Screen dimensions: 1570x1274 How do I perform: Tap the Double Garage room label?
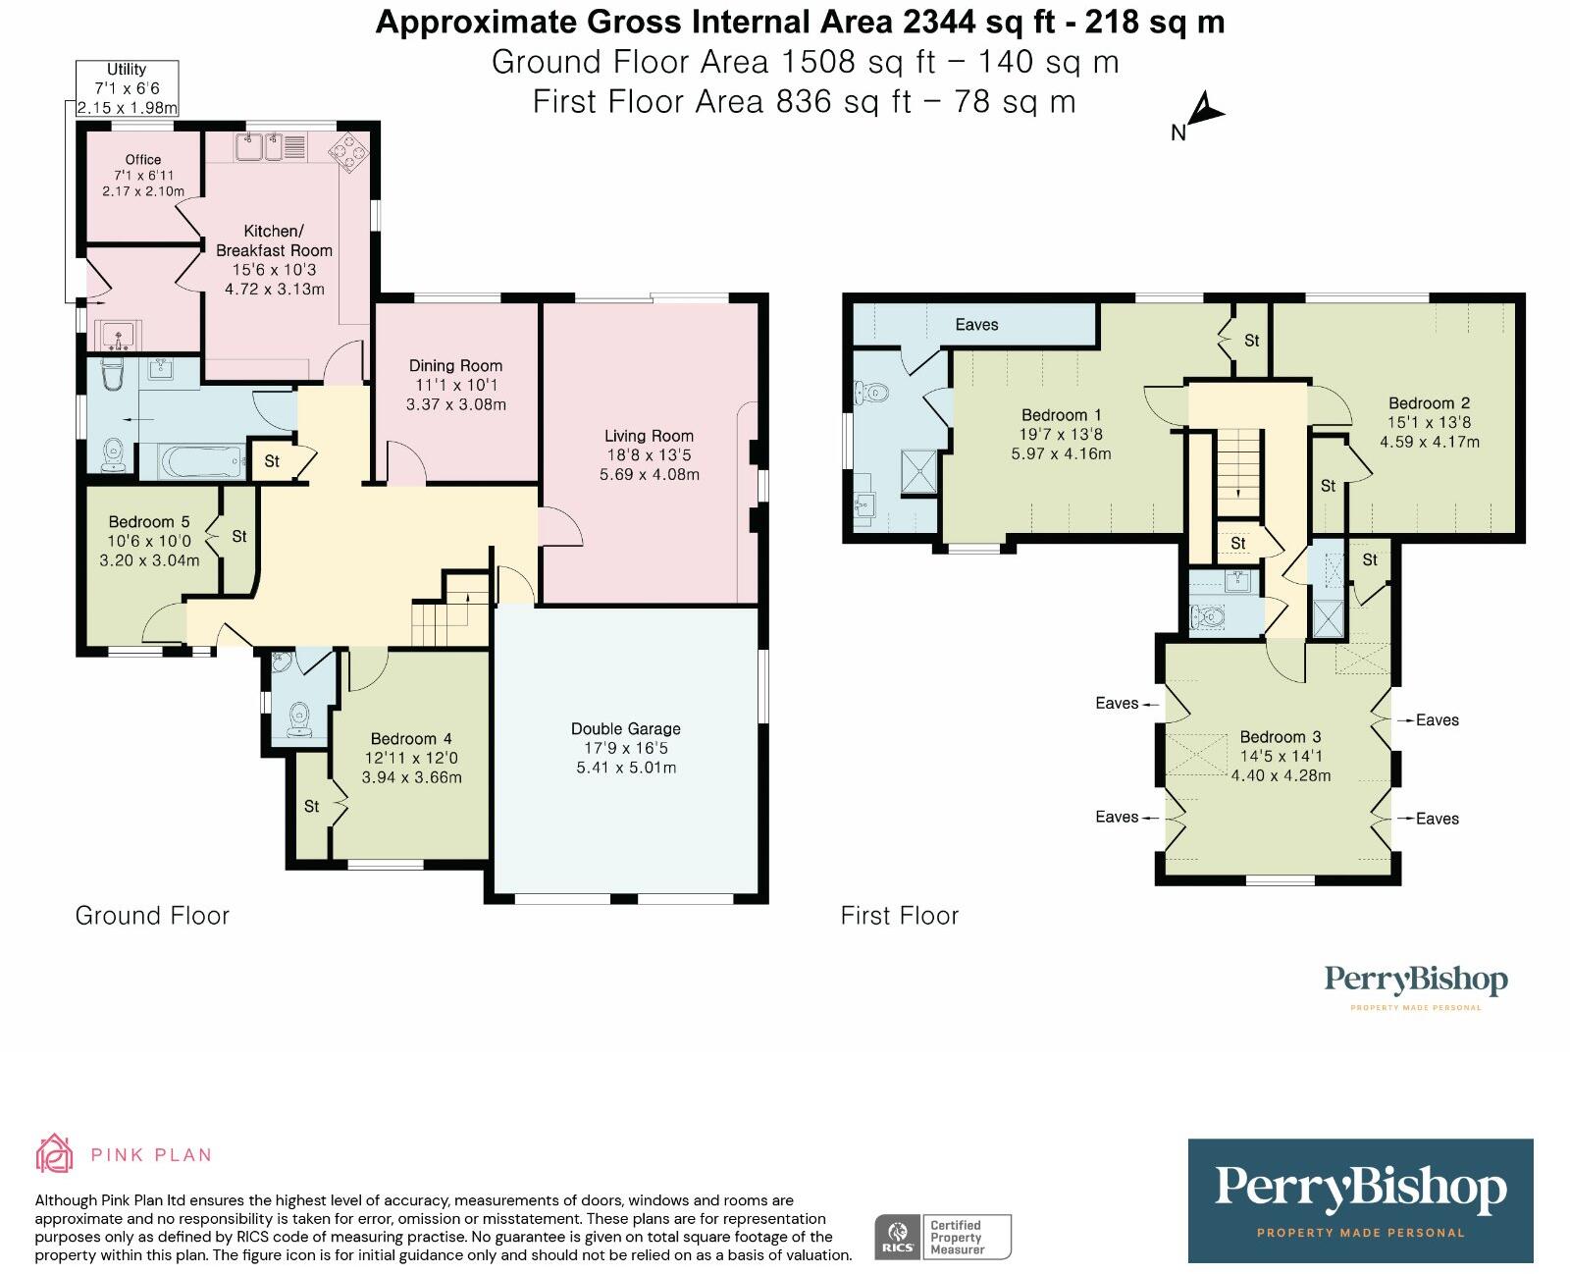[x=626, y=728]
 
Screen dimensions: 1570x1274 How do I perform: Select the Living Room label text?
[x=649, y=436]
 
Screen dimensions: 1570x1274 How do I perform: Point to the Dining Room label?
[x=455, y=366]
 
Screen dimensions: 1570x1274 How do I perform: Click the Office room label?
[x=143, y=159]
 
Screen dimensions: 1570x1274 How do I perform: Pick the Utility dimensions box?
[x=127, y=88]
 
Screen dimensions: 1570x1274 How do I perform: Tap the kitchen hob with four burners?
[x=348, y=152]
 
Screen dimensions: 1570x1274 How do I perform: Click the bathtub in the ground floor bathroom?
[x=202, y=462]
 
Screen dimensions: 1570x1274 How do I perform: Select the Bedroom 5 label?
[x=149, y=522]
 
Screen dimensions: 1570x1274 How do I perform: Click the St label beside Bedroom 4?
[x=312, y=807]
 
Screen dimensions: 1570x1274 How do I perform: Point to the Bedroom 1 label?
[x=1061, y=415]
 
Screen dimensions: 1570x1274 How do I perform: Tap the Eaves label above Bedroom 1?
[x=976, y=325]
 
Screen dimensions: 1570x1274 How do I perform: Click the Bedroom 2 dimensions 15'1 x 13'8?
[x=1430, y=422]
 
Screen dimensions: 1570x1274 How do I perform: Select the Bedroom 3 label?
[x=1281, y=737]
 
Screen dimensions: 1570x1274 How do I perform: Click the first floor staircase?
[x=1237, y=473]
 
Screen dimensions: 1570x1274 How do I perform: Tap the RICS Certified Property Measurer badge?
[x=943, y=1237]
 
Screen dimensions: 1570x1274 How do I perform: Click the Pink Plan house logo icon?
[x=55, y=1153]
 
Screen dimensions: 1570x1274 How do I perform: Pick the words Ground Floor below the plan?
[x=152, y=915]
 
